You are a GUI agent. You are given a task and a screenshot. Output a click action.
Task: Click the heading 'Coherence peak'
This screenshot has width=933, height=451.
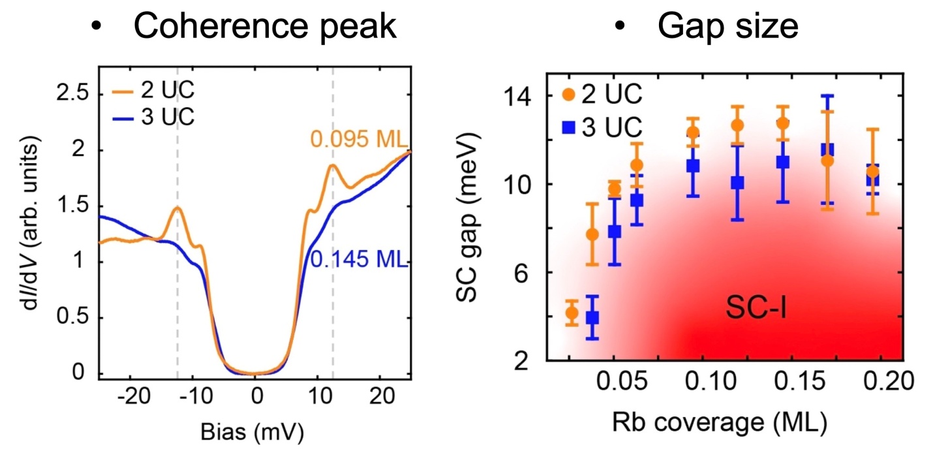[x=265, y=27]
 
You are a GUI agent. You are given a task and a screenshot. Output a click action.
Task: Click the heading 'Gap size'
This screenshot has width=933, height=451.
[x=727, y=27]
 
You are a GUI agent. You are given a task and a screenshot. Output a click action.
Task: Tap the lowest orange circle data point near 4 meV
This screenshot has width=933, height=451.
[x=572, y=313]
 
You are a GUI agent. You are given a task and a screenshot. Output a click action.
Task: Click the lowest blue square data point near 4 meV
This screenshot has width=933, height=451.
[x=592, y=318]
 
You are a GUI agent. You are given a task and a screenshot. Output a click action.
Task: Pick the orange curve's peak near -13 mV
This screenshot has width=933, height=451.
[x=177, y=208]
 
